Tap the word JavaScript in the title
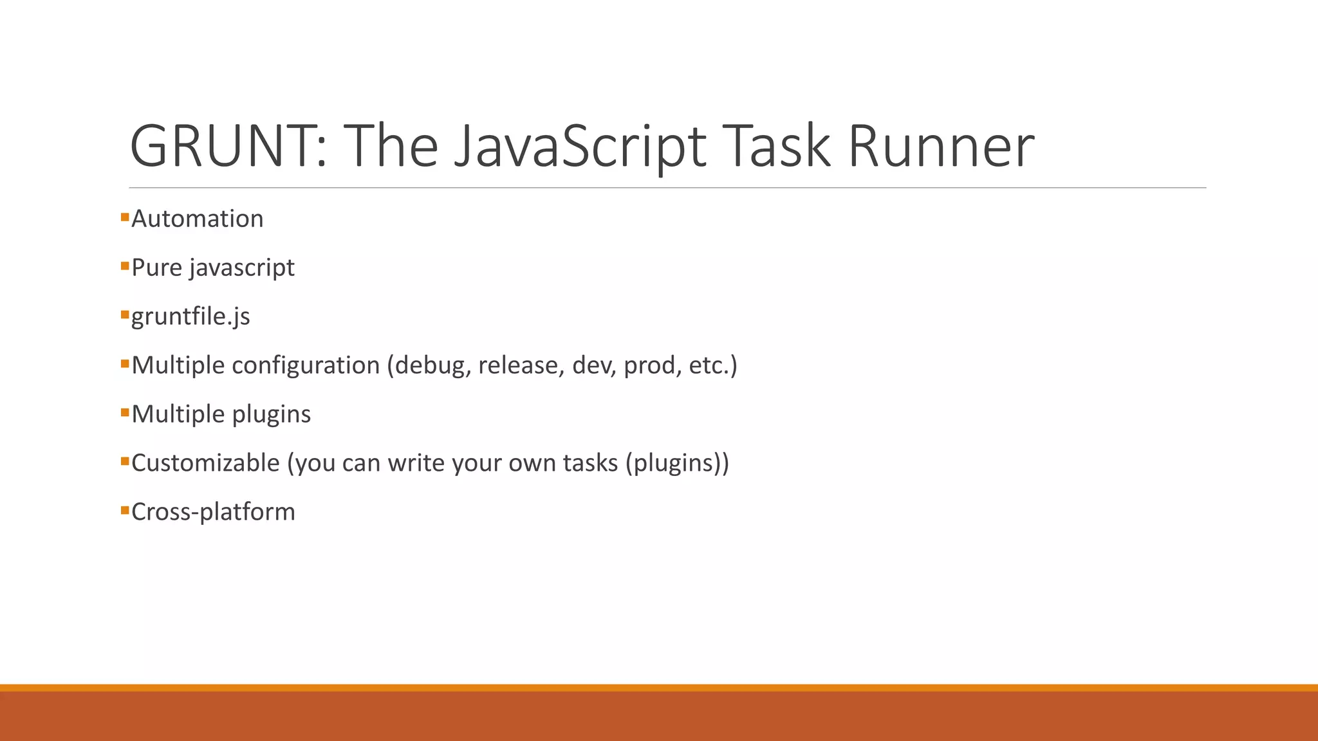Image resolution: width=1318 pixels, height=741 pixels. pyautogui.click(x=579, y=147)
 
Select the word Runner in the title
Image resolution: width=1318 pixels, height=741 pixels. pyautogui.click(x=941, y=147)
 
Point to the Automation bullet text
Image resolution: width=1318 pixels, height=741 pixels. pyautogui.click(x=197, y=219)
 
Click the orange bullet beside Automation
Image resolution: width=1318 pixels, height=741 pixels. pyautogui.click(x=125, y=217)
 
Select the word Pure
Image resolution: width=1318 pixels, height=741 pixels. pyautogui.click(x=156, y=268)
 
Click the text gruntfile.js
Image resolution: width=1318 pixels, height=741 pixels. pyautogui.click(x=190, y=317)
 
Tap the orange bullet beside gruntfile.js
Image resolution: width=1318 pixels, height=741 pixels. pyautogui.click(x=125, y=315)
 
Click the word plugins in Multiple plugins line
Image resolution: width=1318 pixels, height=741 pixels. pyautogui.click(x=271, y=415)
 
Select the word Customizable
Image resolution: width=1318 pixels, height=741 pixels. pyautogui.click(x=205, y=463)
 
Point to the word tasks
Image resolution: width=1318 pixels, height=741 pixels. pyautogui.click(x=589, y=463)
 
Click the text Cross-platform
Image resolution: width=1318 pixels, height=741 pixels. pyautogui.click(x=213, y=513)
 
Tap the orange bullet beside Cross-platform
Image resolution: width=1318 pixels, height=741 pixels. pyautogui.click(x=125, y=511)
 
